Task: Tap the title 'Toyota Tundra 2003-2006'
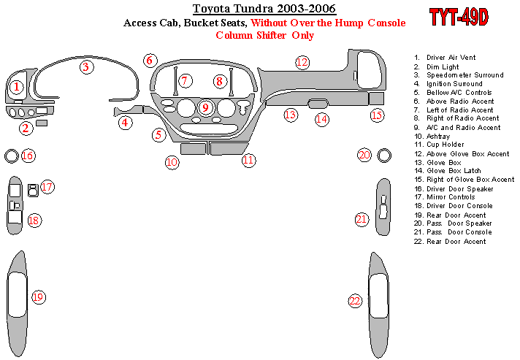[x=264, y=9]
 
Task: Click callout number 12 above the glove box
[x=302, y=63]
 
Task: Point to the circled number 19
[x=38, y=297]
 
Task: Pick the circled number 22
[x=355, y=301]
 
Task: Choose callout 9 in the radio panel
[x=205, y=108]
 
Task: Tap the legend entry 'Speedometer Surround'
[x=464, y=75]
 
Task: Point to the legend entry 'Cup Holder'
[x=447, y=145]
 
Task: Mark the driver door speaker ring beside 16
[x=11, y=155]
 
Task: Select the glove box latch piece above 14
[x=319, y=103]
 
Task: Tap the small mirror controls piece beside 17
[x=32, y=191]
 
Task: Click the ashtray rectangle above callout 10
[x=192, y=149]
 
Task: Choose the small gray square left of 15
[x=376, y=99]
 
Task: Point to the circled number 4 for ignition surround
[x=126, y=123]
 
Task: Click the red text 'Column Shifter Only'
[x=265, y=35]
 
